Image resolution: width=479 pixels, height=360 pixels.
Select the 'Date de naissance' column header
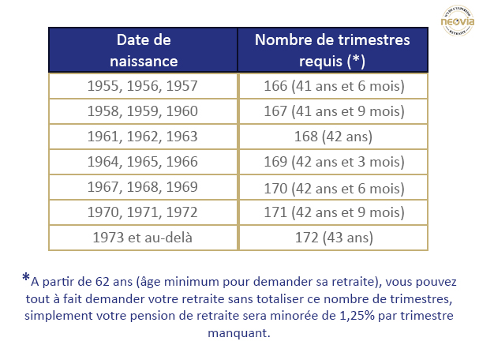click(144, 50)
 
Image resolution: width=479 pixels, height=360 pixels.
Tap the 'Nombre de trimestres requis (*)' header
click(333, 50)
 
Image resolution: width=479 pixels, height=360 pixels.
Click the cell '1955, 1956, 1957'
click(144, 86)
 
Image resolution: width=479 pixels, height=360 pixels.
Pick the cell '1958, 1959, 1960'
click(144, 111)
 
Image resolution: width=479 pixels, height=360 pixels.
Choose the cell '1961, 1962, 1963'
click(144, 137)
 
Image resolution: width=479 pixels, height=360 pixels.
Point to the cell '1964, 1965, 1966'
click(144, 162)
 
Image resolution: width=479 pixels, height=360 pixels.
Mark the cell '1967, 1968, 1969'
click(144, 187)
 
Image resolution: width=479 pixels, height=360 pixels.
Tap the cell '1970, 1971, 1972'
click(144, 212)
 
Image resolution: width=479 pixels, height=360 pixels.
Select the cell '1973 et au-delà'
click(144, 238)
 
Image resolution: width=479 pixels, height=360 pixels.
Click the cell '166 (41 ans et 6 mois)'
click(333, 86)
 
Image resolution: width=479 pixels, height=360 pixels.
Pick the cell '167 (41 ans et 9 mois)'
click(333, 111)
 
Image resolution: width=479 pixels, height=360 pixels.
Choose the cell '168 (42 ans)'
click(333, 137)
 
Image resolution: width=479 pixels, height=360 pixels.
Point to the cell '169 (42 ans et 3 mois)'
click(333, 162)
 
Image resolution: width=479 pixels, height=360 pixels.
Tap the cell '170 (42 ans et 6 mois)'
click(333, 187)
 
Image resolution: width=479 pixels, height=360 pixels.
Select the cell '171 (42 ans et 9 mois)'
click(333, 212)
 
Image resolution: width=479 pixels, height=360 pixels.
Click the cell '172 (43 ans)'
click(333, 238)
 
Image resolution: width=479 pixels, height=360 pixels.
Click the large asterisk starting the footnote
click(26, 278)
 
